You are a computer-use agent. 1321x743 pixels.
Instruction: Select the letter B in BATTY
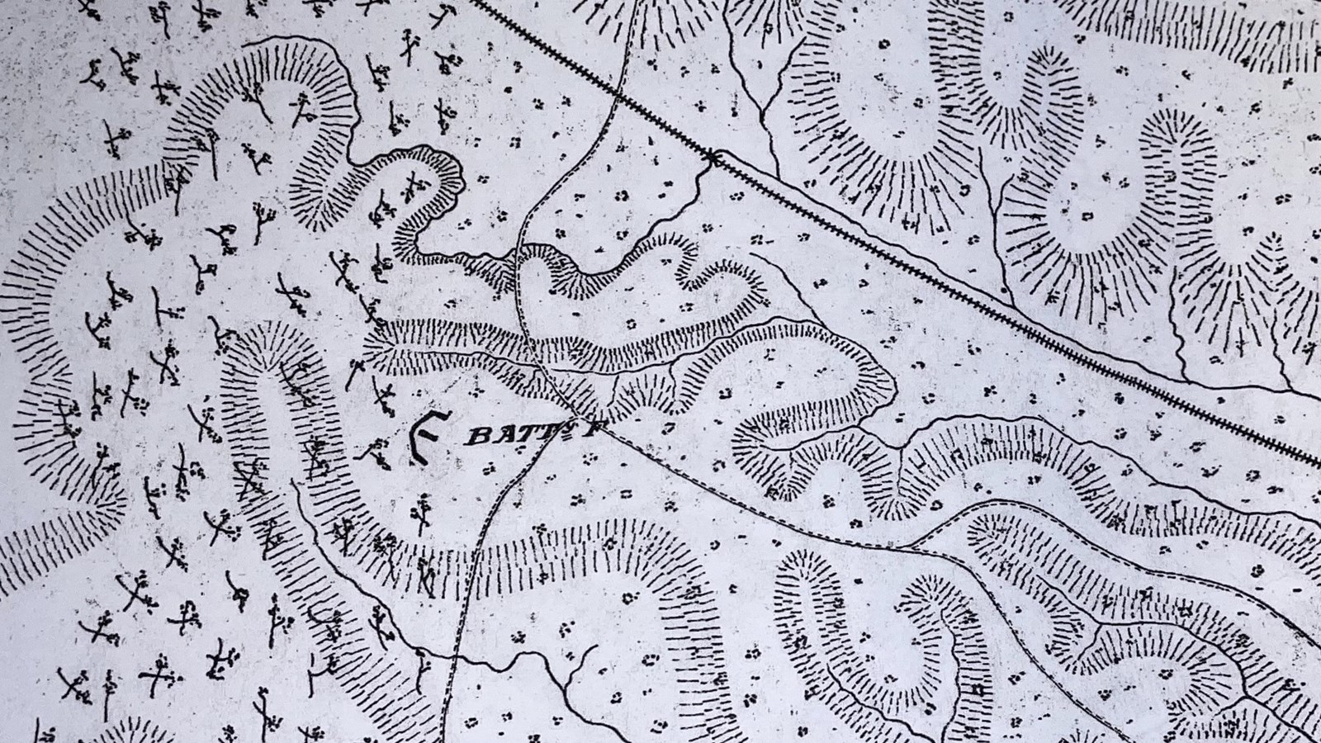(472, 438)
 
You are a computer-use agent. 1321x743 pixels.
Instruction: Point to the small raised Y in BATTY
(573, 429)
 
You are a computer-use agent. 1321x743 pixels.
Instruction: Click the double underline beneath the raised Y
(573, 436)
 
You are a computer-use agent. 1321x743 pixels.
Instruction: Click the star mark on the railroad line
(713, 155)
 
